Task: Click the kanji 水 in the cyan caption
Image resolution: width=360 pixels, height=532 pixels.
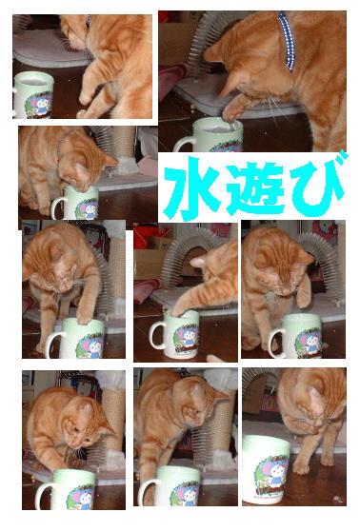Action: coord(193,188)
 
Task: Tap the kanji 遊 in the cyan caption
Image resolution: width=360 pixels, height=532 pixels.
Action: coord(254,189)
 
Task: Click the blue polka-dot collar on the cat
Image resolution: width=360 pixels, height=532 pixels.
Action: coord(287,41)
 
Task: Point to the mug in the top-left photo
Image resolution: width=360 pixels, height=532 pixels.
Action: coord(33,95)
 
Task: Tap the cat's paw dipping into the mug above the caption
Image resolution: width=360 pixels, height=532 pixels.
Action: coord(231,114)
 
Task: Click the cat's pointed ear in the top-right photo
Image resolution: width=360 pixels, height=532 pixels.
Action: coord(213,51)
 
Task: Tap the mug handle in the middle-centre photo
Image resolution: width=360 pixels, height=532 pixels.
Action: coord(156,335)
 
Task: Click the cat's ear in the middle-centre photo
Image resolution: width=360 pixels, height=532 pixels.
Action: coord(199,262)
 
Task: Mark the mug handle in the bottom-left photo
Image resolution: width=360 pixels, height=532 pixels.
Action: coord(43,496)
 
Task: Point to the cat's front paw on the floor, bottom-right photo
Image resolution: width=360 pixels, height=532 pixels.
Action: coord(301,467)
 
